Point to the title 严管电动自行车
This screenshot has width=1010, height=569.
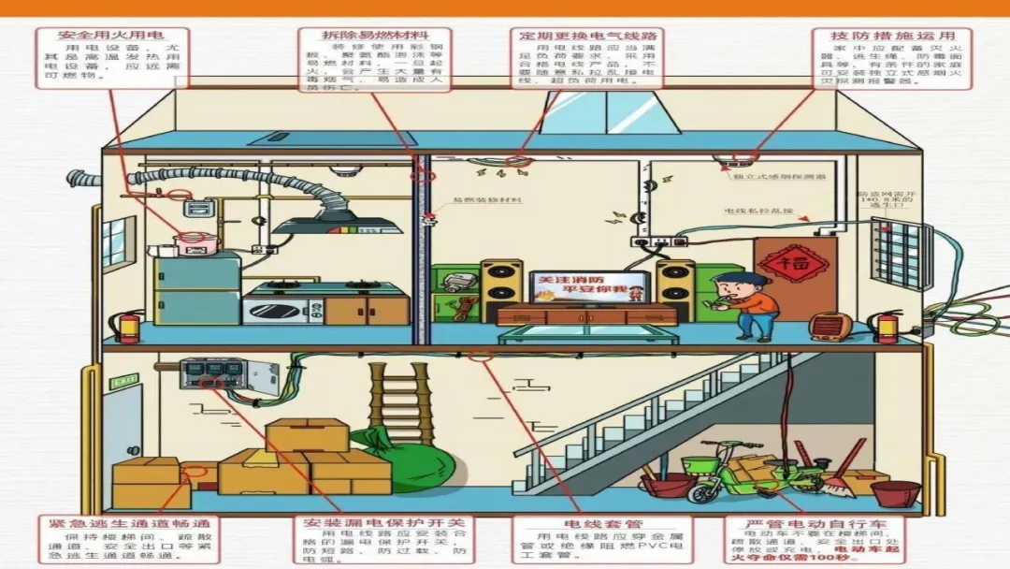pyautogui.click(x=815, y=523)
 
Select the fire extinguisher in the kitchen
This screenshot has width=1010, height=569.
pyautogui.click(x=129, y=328)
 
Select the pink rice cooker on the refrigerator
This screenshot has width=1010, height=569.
pyautogui.click(x=195, y=242)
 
